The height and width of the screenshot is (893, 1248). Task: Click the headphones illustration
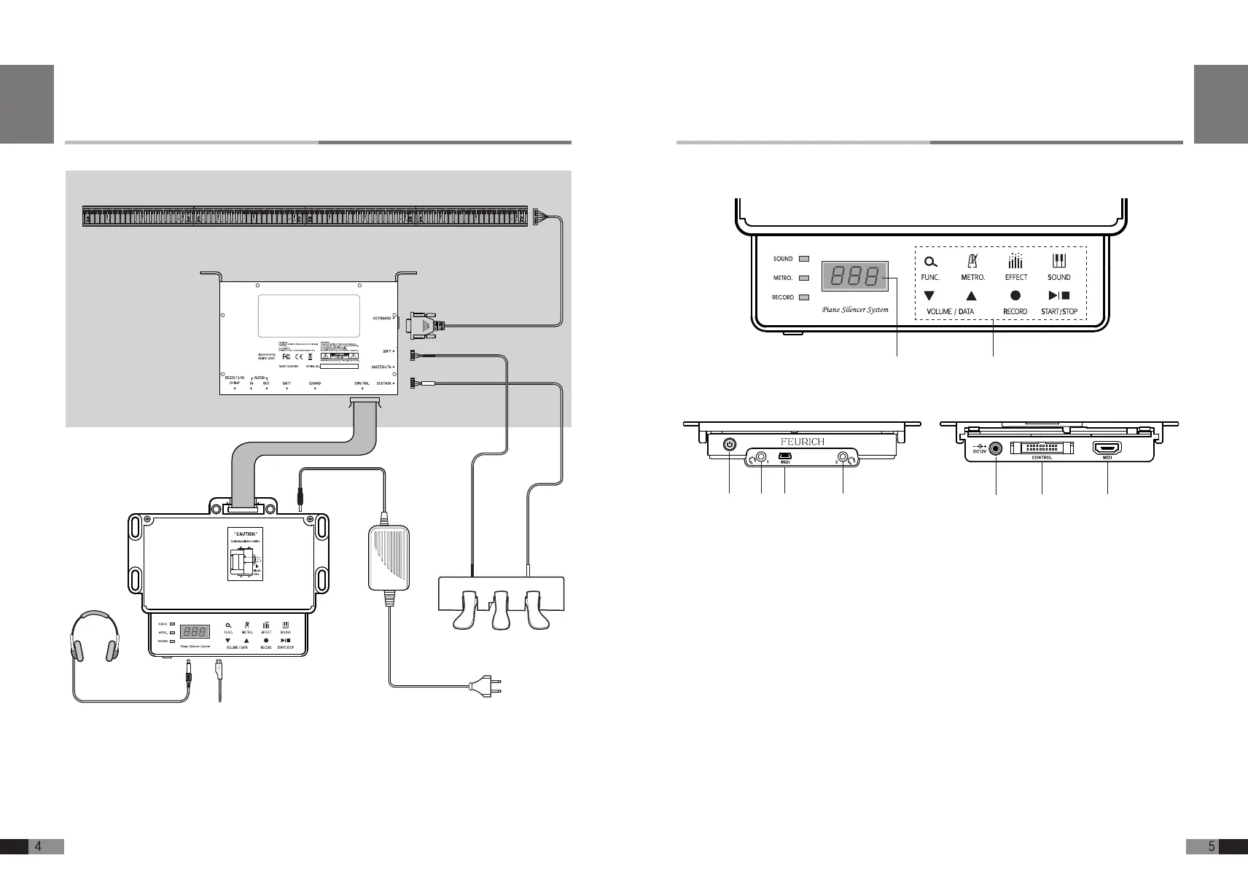(x=94, y=636)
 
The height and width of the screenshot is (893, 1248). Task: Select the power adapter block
(x=389, y=558)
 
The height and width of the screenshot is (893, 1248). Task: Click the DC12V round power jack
(x=995, y=449)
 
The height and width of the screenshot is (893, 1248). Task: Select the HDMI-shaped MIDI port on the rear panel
(x=1107, y=449)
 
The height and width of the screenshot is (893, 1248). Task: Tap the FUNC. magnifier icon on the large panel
(x=930, y=262)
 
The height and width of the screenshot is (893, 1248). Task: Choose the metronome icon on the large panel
(x=972, y=261)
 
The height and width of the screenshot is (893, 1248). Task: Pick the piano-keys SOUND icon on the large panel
(x=1058, y=261)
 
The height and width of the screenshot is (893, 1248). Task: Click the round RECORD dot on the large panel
(x=1015, y=296)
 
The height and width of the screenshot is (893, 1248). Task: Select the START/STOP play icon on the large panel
(x=1058, y=296)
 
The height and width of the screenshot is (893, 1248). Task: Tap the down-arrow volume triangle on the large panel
(x=929, y=296)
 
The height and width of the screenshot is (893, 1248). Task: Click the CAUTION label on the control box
(x=245, y=534)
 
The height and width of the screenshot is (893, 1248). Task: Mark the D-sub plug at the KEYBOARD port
(x=422, y=325)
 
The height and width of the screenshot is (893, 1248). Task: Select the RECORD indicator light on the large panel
(x=804, y=297)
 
